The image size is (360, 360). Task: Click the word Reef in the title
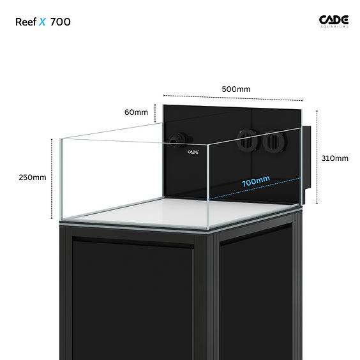coord(26,22)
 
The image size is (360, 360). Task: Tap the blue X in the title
coord(42,22)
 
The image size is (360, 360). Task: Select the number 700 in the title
coord(61,22)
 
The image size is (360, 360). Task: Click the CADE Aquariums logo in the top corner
coord(334,21)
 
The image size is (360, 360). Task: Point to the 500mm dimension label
coord(236,89)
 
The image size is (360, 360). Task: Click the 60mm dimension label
coord(136,112)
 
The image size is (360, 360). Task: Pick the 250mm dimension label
coord(33,177)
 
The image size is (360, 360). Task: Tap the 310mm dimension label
coord(334,158)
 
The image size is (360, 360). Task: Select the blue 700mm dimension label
coord(256,181)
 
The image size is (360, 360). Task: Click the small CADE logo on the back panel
coord(193,152)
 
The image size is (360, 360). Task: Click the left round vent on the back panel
coord(247,140)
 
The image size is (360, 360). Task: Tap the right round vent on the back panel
coord(274,142)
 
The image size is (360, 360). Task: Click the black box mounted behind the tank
coord(306,164)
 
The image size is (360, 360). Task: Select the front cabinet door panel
coord(133,299)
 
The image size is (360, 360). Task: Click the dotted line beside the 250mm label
coord(52,179)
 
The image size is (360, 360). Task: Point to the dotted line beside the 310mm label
coord(317,157)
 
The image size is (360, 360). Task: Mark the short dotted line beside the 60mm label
coord(155,113)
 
